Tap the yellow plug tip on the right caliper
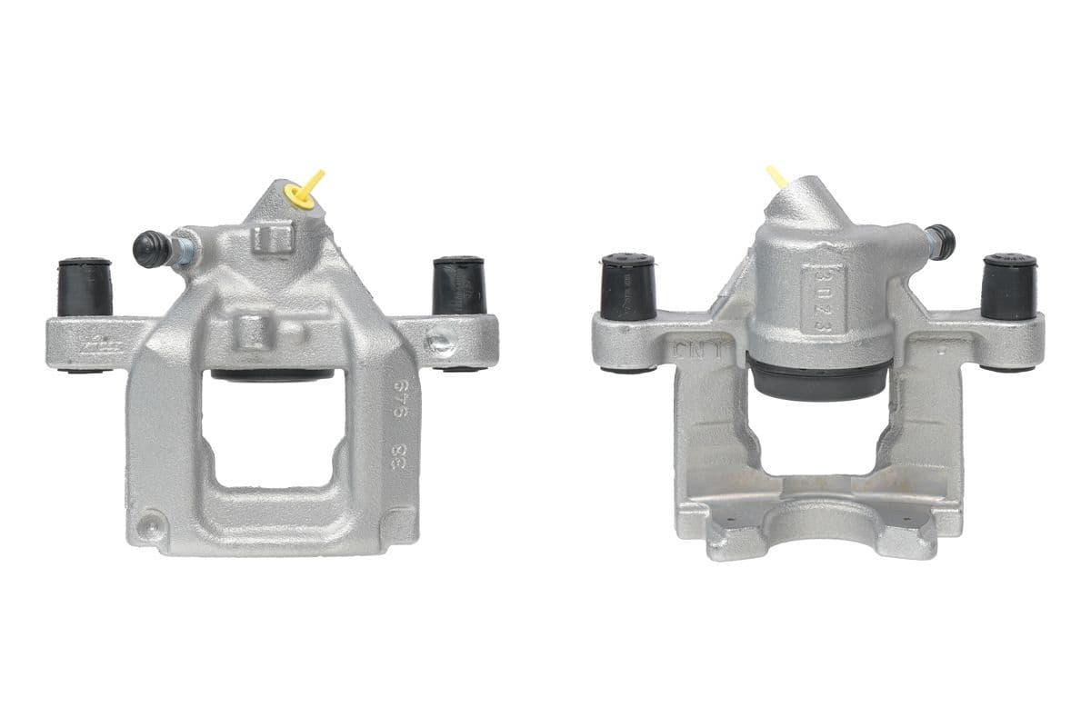pos(776,174)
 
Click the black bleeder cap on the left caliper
pos(151,247)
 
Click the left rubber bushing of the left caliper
pos(85,287)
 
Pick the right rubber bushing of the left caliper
pos(459,285)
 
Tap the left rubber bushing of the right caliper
pos(628,285)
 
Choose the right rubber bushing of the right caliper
pos(1009,285)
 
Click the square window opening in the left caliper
pos(272,427)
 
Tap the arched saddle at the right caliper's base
pos(818,523)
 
